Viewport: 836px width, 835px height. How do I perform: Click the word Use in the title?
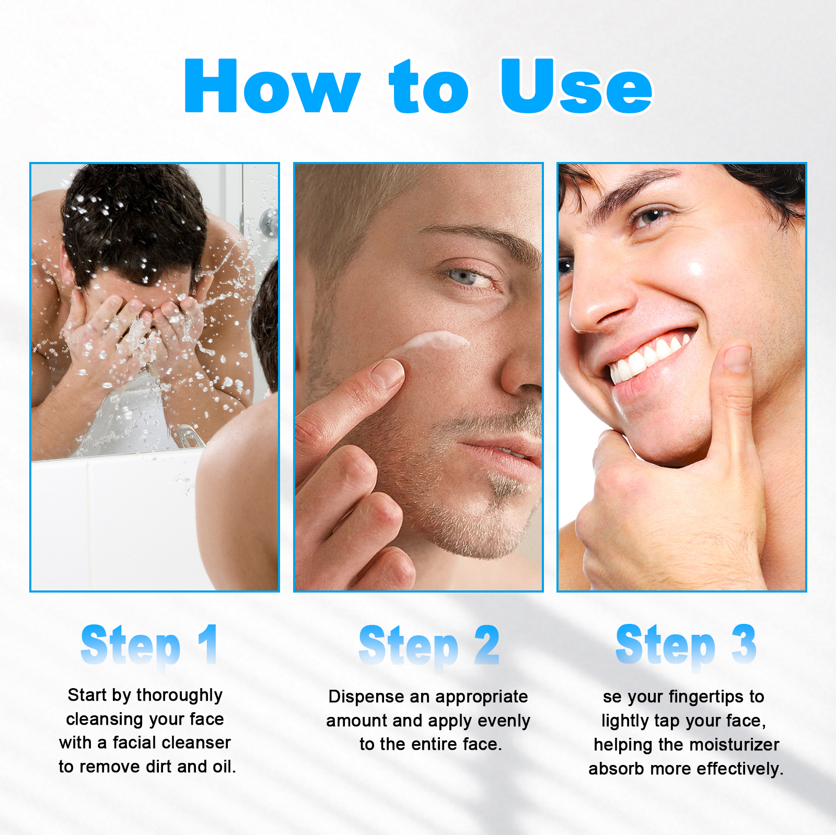tap(576, 87)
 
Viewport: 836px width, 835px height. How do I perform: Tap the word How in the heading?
tap(272, 87)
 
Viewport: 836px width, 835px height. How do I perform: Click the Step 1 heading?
tap(149, 646)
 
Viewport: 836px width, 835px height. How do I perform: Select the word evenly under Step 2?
tap(504, 721)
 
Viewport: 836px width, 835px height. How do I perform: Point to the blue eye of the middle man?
tap(462, 277)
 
